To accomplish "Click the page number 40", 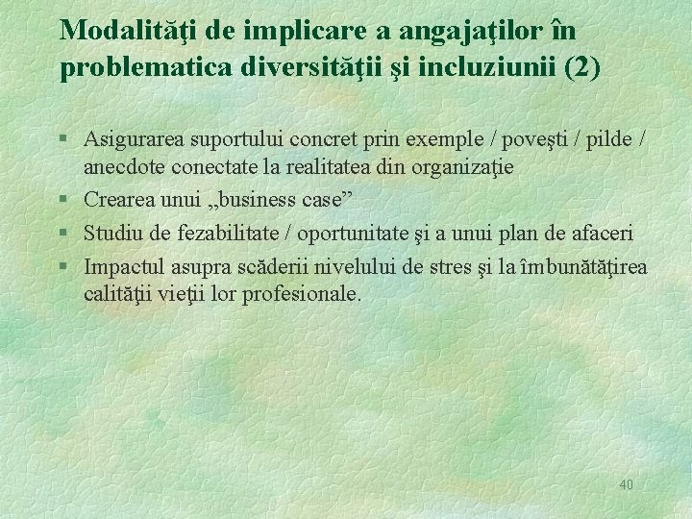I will [x=626, y=485].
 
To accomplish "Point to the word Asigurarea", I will [x=135, y=138].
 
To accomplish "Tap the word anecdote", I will [x=122, y=167].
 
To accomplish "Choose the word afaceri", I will [x=604, y=233].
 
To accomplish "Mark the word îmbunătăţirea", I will [x=582, y=265].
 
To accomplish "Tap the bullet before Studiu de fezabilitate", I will [x=62, y=233].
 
